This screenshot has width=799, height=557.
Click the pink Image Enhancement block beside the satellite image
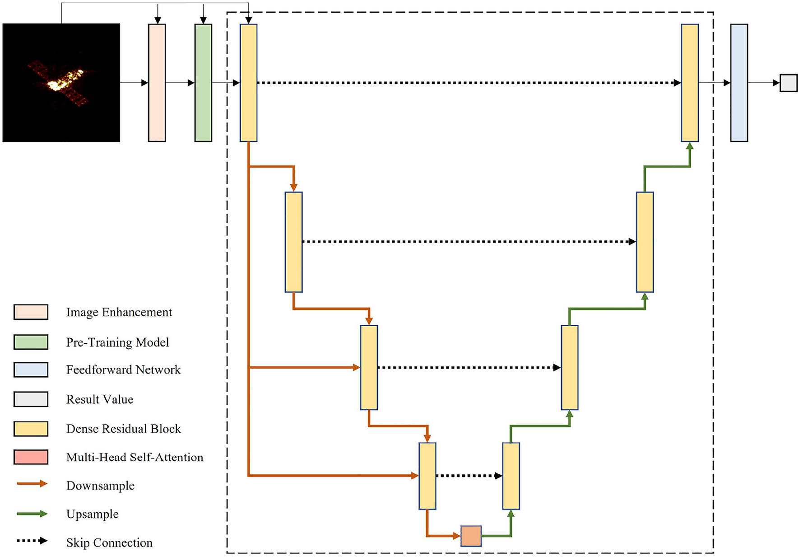pos(157,83)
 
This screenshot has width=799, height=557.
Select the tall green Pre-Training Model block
pos(203,83)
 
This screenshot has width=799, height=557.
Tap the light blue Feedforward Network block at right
pos(739,83)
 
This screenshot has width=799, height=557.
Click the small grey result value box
pos(788,83)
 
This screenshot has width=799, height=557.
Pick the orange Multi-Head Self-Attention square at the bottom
pos(471,536)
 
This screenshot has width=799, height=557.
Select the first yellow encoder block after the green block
pos(248,83)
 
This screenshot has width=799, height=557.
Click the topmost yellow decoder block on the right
pos(689,83)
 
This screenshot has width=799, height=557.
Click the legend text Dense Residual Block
pos(123,429)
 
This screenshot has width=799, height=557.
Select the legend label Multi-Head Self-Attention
pos(135,457)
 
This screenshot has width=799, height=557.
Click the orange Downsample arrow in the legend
pos(32,484)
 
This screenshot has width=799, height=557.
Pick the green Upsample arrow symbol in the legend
pos(32,514)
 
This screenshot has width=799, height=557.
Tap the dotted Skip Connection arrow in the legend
pos(32,541)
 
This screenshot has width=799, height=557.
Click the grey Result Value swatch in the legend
pos(31,399)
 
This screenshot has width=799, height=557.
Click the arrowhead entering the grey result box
pos(776,83)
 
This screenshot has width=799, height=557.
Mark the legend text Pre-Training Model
pos(117,342)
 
